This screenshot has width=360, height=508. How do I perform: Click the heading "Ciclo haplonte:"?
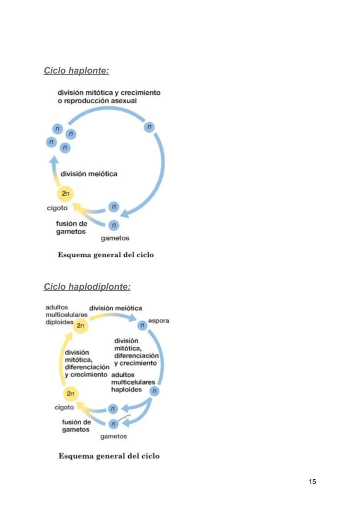tap(76, 70)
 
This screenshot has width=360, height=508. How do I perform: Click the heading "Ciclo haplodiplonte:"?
tap(87, 287)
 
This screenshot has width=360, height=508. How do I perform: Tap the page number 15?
tap(312, 481)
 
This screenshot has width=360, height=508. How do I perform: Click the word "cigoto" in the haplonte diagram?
tap(57, 208)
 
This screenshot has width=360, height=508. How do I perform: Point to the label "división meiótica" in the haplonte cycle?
tap(89, 174)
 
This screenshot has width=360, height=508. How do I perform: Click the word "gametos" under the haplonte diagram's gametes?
tap(115, 238)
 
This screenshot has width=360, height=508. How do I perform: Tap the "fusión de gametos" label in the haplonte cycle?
tap(71, 228)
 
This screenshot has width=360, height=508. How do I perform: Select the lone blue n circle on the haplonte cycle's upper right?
tap(149, 127)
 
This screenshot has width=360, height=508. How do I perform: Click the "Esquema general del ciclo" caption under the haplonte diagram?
tap(106, 255)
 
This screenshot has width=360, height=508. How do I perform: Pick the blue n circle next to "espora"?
tap(142, 325)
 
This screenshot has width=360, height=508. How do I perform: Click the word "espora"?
tap(159, 321)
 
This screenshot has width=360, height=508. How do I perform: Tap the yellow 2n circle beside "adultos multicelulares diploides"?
tap(80, 325)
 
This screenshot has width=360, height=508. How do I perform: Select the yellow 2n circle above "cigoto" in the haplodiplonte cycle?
tap(71, 394)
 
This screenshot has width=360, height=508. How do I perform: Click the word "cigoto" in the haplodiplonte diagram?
tap(64, 408)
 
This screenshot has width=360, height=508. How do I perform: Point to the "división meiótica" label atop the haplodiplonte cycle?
tap(116, 308)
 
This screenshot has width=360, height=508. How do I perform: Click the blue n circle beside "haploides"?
tap(154, 391)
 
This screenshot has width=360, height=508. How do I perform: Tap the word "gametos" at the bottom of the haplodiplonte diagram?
tap(113, 436)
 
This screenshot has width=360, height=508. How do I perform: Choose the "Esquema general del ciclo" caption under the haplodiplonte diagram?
tap(109, 456)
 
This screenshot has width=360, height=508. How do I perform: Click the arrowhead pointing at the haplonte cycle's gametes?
tap(124, 214)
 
